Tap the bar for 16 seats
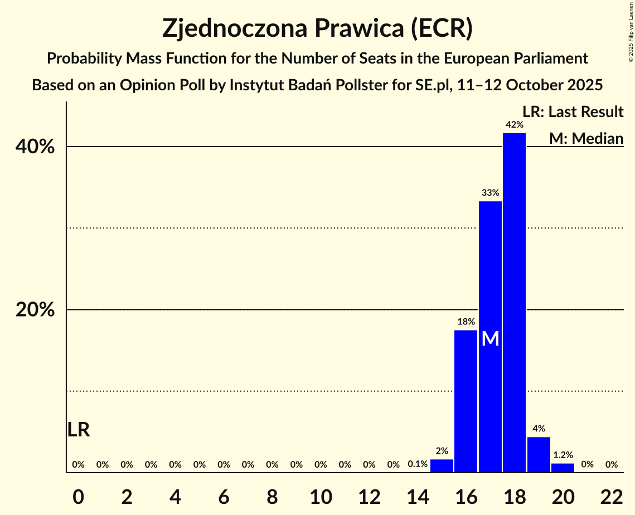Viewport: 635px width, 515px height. pos(466,401)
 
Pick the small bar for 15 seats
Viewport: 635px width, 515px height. pos(442,466)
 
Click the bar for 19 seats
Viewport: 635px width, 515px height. pos(539,455)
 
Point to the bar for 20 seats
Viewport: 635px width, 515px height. pos(563,468)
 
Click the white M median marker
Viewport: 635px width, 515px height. pos(490,338)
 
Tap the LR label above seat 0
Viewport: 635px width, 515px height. pos(79,430)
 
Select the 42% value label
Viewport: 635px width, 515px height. pos(514,125)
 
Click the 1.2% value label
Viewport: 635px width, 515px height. pos(563,455)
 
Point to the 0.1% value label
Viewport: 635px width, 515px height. pos(418,464)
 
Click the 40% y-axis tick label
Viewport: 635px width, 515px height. pos(35,147)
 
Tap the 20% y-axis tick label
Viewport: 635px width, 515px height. pos(35,310)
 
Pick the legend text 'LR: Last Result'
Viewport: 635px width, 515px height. pos(573,112)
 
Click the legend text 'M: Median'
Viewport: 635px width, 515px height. pos(586,138)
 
